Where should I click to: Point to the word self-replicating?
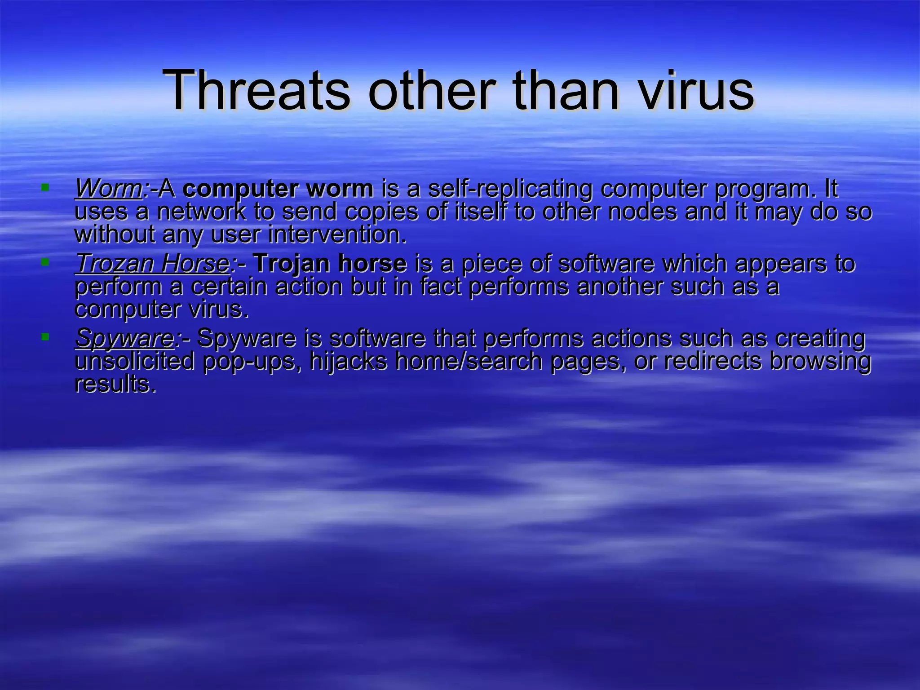click(x=510, y=189)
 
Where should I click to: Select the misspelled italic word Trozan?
click(x=115, y=264)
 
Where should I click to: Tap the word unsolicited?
click(x=135, y=362)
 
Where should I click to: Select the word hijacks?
click(x=348, y=362)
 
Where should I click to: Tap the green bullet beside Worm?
click(x=45, y=186)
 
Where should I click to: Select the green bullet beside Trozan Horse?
click(x=45, y=261)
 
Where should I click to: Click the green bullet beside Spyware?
click(x=45, y=336)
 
